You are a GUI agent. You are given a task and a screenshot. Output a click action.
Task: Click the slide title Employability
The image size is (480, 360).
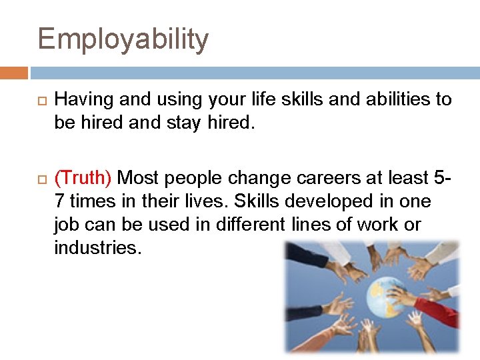(x=123, y=40)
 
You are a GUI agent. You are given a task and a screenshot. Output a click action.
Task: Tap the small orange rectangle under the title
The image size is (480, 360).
(x=13, y=73)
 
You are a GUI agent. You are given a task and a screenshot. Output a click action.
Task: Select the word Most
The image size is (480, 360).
(x=138, y=178)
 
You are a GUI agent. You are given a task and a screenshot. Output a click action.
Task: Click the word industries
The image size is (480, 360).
(x=97, y=248)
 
